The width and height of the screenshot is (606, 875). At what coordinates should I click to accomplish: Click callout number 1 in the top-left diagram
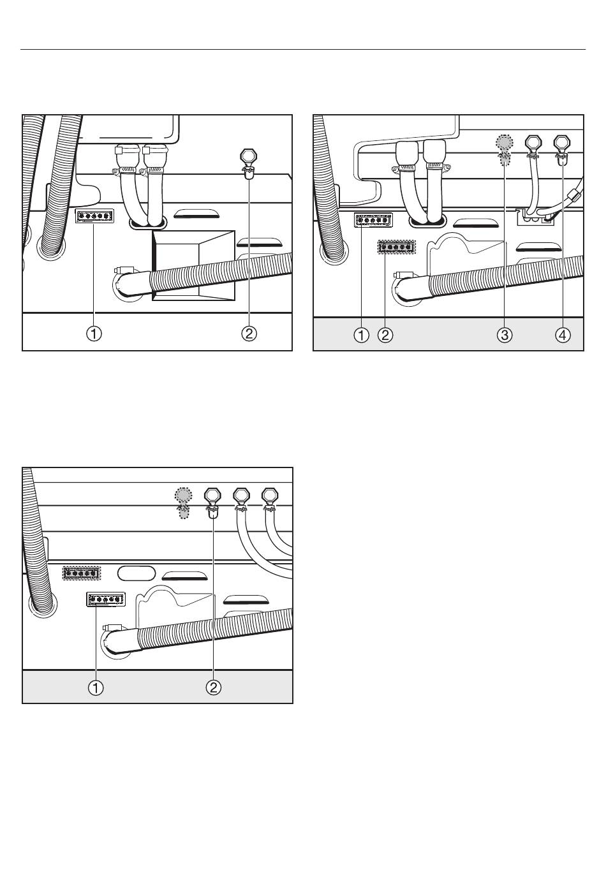94,334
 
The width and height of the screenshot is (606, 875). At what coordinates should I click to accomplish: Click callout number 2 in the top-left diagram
249,334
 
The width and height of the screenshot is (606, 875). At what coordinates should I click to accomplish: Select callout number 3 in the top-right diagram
505,335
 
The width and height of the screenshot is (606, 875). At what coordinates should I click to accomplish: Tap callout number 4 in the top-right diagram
563,335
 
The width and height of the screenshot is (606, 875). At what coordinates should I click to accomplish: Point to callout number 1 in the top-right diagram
362,335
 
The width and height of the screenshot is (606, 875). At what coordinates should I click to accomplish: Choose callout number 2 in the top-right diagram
385,335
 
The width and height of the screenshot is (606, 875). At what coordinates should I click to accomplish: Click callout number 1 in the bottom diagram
96,687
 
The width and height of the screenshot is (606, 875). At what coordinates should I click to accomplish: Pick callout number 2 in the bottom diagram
213,687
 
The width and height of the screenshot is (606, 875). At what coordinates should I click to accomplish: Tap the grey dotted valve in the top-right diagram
505,150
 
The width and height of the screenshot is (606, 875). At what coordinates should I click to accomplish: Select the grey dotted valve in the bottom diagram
183,503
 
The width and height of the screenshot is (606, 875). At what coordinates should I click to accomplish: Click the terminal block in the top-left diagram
94,216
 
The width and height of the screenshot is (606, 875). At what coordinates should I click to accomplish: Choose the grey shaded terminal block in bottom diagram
82,573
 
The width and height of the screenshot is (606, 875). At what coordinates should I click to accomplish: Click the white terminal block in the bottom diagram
105,599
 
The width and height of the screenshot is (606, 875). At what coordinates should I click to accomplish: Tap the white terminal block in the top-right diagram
373,220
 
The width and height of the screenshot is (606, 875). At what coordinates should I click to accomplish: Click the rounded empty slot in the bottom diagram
137,573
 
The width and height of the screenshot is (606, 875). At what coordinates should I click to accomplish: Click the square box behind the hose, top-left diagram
193,265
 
